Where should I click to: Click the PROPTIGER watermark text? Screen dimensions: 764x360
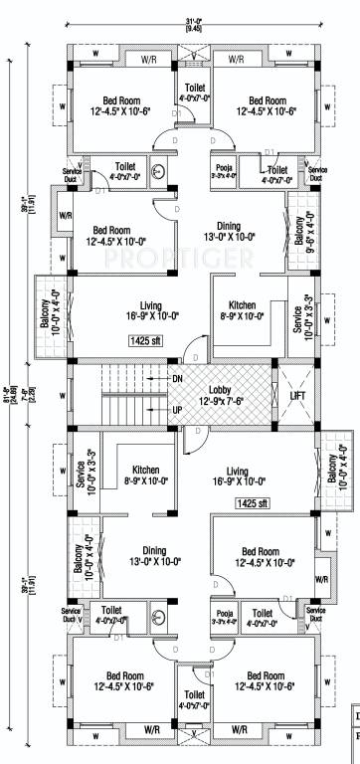[x=179, y=261]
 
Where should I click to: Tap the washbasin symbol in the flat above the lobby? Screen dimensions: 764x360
[x=158, y=167]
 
